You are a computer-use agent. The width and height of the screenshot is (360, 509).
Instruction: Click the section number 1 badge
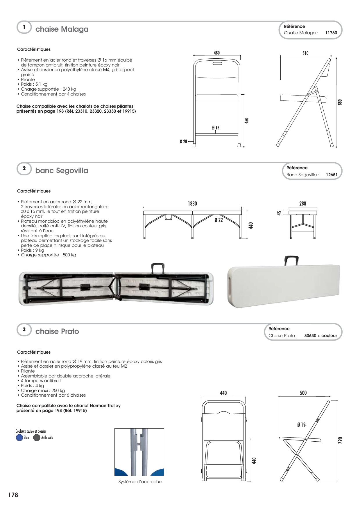(24, 27)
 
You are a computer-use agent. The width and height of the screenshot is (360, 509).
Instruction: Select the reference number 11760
(331, 33)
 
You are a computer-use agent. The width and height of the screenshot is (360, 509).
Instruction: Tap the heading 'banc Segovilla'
(62, 170)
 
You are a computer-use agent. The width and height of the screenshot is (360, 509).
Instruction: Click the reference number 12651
(332, 175)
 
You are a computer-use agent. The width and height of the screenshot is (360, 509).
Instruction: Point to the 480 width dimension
(217, 53)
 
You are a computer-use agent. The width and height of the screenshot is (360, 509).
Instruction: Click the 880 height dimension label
(340, 102)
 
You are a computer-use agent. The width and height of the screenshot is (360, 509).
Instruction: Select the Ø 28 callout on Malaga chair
(183, 141)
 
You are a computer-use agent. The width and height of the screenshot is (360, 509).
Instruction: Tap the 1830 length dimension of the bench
(192, 204)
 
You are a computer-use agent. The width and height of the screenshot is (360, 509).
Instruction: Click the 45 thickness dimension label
(279, 213)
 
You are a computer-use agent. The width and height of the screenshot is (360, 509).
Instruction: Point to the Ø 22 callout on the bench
(218, 220)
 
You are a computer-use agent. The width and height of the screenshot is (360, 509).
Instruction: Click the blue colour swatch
(19, 438)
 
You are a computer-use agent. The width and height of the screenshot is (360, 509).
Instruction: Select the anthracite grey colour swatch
(37, 438)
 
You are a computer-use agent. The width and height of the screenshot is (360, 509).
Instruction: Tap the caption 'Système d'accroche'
(140, 482)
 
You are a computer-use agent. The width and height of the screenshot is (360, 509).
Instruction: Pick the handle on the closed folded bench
(292, 260)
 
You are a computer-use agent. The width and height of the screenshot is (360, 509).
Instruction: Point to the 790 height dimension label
(341, 440)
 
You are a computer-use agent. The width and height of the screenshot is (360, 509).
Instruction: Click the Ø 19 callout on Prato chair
(301, 425)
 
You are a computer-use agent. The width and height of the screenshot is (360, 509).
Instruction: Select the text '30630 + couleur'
(320, 336)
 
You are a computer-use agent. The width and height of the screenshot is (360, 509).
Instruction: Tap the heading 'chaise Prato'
(57, 331)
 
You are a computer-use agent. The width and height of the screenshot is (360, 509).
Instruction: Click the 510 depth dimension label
(305, 53)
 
